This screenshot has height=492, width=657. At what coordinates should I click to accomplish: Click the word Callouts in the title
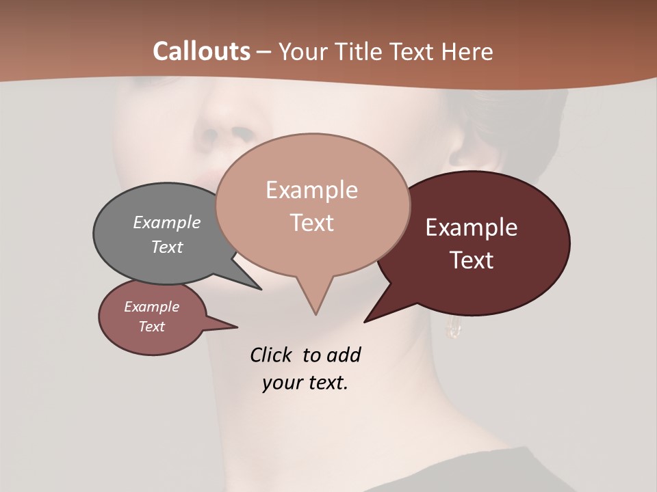pos(201,51)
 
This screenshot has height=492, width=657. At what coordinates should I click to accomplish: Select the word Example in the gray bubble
pos(166,222)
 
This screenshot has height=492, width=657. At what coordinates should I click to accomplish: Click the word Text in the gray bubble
pos(166,247)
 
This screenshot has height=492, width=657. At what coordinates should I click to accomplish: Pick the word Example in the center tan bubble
pos(311,190)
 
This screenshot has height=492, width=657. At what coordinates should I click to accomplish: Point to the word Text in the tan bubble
pos(311,223)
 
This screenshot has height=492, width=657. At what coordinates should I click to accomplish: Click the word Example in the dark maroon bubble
pos(471,228)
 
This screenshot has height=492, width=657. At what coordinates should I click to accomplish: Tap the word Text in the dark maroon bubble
pos(471,260)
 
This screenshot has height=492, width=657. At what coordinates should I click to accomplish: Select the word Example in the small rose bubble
pos(151,307)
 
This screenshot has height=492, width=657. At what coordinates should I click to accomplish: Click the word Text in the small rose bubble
pos(151,327)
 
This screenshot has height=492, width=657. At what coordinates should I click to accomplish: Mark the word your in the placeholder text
pos(281,383)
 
